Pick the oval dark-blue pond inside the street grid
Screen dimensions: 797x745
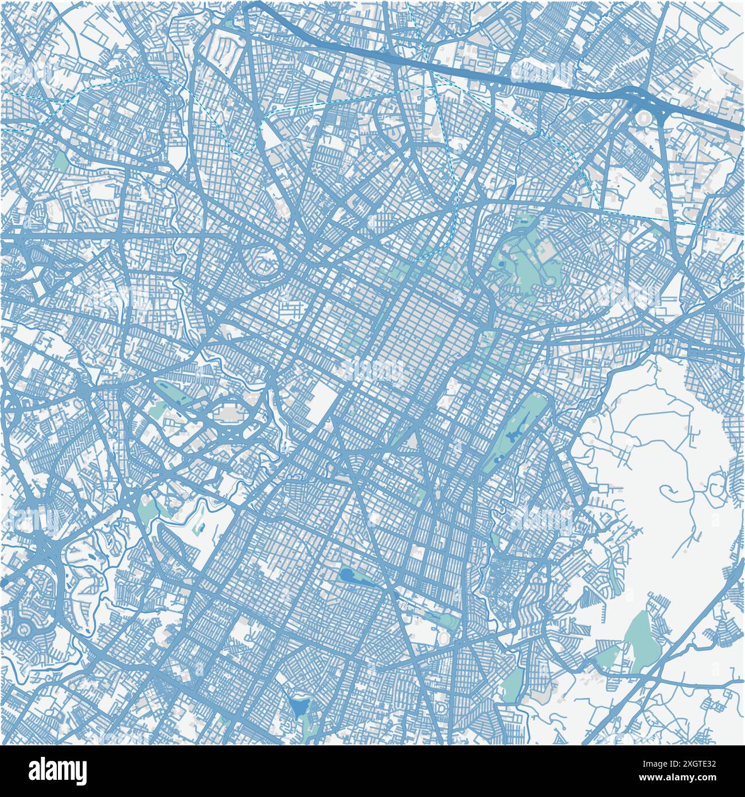coord(348,575)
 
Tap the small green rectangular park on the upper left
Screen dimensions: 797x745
coord(61,160)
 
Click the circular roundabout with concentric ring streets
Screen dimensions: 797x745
coord(23,630)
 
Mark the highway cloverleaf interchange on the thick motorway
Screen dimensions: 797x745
coord(642,103)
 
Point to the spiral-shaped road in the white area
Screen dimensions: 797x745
coord(668,490)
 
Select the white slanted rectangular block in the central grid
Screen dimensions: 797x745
coord(323,397)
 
